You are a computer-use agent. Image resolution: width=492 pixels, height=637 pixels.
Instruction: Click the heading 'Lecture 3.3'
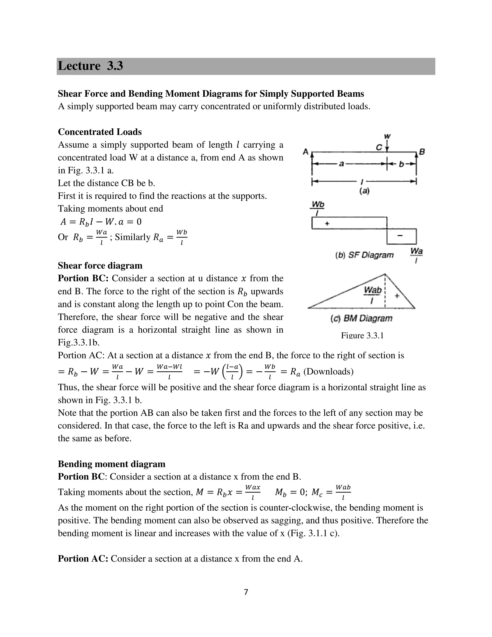(x=90, y=66)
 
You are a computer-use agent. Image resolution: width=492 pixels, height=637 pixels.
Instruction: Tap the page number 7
(x=246, y=592)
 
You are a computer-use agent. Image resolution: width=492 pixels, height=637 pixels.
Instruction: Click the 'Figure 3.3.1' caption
(x=362, y=335)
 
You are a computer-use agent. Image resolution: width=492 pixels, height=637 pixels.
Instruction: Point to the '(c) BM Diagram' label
(x=361, y=318)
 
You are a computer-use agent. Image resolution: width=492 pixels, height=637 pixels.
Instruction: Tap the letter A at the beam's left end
(x=306, y=152)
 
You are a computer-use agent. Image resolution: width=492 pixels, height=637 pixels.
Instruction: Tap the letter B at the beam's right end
(x=422, y=152)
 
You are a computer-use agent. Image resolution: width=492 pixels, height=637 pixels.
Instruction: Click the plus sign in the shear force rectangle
(x=327, y=224)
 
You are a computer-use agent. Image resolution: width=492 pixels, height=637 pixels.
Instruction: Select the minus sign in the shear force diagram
(x=400, y=236)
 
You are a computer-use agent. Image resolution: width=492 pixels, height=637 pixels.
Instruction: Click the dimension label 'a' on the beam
(x=341, y=164)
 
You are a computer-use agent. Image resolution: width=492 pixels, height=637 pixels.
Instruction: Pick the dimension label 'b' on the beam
(x=401, y=164)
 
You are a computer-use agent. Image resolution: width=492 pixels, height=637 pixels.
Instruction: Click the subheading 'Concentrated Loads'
(x=100, y=132)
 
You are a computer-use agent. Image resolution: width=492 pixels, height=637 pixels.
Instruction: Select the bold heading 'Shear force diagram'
(x=100, y=265)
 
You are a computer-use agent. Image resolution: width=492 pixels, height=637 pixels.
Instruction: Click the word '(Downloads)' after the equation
(x=328, y=372)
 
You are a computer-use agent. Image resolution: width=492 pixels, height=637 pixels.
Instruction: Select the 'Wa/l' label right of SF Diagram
(x=416, y=255)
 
